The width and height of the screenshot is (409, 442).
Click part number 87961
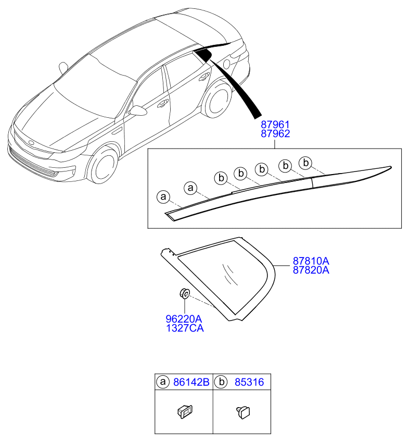pos(275,124)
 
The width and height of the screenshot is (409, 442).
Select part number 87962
pos(275,133)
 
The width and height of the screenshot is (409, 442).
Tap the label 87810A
pos(311,261)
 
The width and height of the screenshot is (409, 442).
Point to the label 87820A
pos(311,270)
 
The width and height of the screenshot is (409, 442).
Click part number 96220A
pos(184,319)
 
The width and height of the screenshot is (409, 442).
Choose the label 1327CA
pos(185,328)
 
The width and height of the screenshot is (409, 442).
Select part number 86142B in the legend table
pos(191,382)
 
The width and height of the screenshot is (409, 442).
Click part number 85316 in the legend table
pos(249,382)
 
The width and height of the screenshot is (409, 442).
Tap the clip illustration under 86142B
pos(185,412)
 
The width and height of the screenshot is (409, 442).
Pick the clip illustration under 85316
pos(243,412)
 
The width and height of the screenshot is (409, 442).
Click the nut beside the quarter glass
pos(184,294)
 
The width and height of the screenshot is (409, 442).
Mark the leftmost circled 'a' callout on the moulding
pos(163,197)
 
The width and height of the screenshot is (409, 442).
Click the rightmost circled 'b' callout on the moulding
pos(305,163)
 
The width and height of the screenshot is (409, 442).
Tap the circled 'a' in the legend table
pos(163,382)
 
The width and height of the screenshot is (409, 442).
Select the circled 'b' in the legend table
pos(221,382)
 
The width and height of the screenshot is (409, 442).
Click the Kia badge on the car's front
pos(31,143)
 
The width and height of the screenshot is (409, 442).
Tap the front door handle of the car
pos(162,104)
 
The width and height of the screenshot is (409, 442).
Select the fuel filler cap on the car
pos(227,64)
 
